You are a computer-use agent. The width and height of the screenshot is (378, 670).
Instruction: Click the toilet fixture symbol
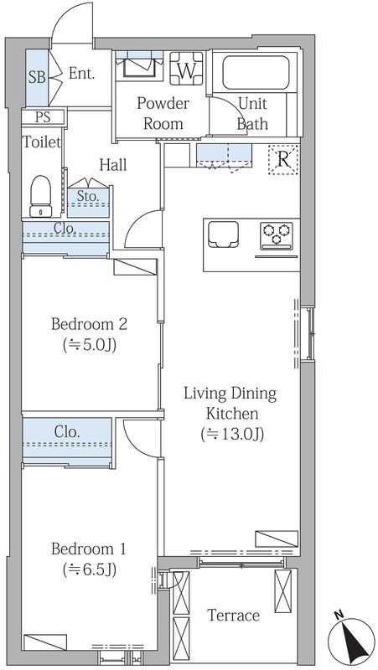point(40,196)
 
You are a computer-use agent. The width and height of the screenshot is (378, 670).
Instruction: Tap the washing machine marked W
point(186,69)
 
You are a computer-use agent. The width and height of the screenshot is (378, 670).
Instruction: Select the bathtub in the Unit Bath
point(256,72)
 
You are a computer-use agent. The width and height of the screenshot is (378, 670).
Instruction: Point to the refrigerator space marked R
point(282,159)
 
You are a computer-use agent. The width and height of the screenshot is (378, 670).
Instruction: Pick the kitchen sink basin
point(223,234)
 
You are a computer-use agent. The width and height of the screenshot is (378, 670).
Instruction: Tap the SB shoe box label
point(37,77)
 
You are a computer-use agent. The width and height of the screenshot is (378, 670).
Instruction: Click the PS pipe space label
point(43,117)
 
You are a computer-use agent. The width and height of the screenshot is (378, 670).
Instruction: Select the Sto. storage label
point(88,197)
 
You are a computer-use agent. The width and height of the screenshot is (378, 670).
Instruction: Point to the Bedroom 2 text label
point(89,324)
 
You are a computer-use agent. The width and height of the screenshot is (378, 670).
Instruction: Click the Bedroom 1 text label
point(89,549)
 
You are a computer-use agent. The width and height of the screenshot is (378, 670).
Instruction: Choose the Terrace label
point(234,616)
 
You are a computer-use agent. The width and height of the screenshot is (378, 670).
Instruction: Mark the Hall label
point(113,164)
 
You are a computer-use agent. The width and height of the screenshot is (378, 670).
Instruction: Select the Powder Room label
point(163,114)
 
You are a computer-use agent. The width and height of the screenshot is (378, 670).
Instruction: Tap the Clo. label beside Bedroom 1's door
point(68,431)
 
